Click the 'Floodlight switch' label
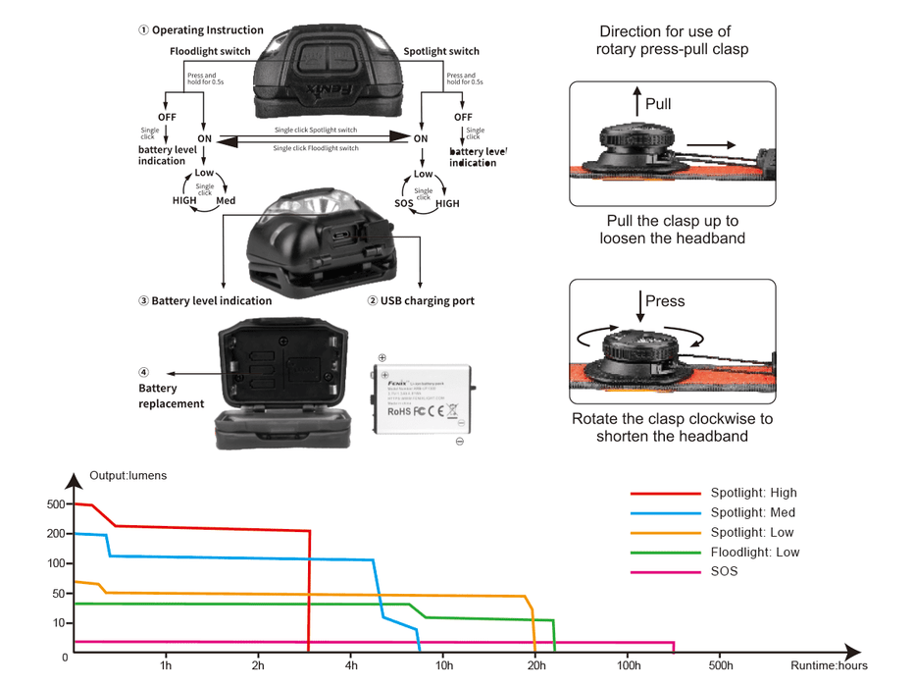(210, 51)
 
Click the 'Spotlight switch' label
(441, 51)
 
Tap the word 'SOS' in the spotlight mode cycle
(404, 203)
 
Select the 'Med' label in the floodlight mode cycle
(226, 200)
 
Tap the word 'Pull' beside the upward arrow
(659, 104)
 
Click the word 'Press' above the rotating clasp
(665, 301)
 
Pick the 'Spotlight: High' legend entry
(753, 493)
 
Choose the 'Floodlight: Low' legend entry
(754, 552)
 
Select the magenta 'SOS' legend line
(662, 571)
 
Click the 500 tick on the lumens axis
(55, 504)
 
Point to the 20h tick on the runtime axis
(535, 666)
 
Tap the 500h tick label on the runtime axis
(719, 666)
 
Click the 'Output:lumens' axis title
(128, 476)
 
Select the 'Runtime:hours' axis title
(830, 666)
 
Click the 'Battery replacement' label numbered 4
(171, 396)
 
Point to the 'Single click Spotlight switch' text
(316, 131)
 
